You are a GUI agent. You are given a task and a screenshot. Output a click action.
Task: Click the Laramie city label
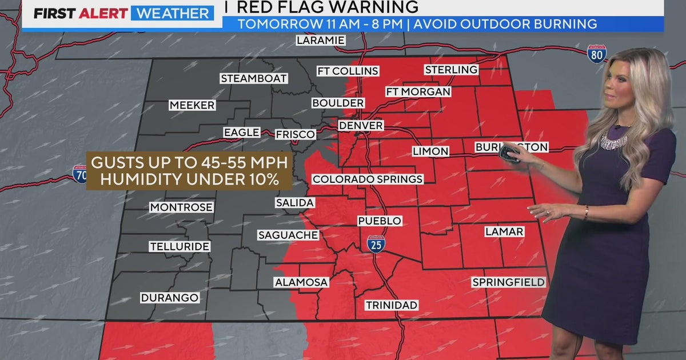pos(321,40)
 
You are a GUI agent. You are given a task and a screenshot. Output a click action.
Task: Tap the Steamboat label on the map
pos(254,78)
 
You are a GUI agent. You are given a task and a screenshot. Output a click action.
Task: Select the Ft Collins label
pos(348,71)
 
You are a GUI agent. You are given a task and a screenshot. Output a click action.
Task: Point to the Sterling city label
pos(451,70)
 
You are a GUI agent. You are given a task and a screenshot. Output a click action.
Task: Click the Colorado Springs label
pos(368,179)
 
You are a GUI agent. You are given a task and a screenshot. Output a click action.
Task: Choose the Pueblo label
pos(380,221)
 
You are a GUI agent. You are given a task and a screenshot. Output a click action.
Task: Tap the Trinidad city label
pos(392,305)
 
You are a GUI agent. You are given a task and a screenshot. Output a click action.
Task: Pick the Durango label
pos(170,298)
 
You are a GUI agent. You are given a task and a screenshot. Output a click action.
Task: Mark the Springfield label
pos(508,282)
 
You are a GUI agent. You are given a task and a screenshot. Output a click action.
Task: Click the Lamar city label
pos(504,231)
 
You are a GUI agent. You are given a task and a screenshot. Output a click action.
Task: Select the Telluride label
pos(180,247)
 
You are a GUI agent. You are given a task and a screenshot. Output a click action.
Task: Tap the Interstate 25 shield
pos(376,243)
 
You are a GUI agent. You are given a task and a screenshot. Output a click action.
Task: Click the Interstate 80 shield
pos(596,54)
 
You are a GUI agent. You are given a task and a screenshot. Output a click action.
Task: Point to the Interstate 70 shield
pos(79,173)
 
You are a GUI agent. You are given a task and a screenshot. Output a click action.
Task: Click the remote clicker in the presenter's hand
pos(508,154)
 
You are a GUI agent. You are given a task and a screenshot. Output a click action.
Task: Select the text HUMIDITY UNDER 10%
pos(189,178)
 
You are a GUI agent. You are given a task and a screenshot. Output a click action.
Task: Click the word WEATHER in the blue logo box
pos(172,13)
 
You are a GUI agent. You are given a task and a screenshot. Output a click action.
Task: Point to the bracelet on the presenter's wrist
pos(586,212)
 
